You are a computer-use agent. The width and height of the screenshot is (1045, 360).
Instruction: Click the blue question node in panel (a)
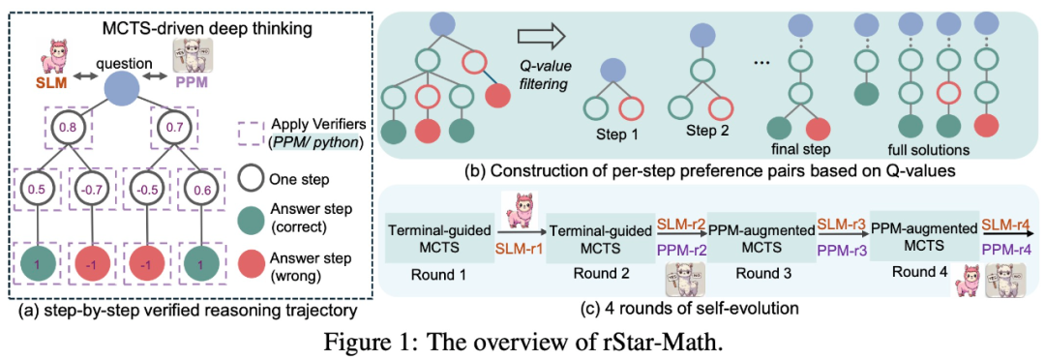tap(122, 85)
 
